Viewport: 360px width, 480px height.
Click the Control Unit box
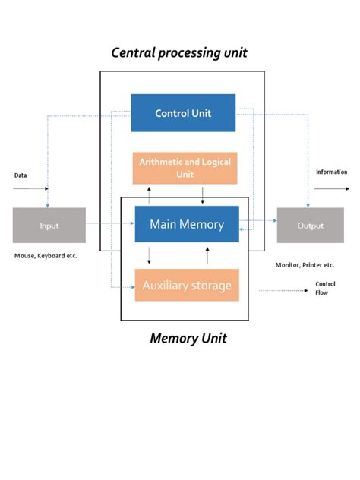183,113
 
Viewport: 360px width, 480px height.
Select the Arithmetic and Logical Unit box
185,168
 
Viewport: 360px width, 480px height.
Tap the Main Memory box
187,224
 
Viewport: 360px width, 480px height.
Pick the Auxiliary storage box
187,286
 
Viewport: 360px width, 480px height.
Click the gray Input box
49,226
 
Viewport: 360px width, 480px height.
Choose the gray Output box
310,226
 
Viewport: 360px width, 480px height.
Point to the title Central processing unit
179,53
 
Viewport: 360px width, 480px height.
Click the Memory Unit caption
188,338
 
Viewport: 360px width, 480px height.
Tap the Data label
21,175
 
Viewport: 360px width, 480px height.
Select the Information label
331,172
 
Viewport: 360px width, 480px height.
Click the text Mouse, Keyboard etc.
46,256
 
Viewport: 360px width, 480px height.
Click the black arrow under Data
30,188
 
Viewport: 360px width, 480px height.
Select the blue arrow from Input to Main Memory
110,224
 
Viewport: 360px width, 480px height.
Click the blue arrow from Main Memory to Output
258,222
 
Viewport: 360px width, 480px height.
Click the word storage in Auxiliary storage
209,286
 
